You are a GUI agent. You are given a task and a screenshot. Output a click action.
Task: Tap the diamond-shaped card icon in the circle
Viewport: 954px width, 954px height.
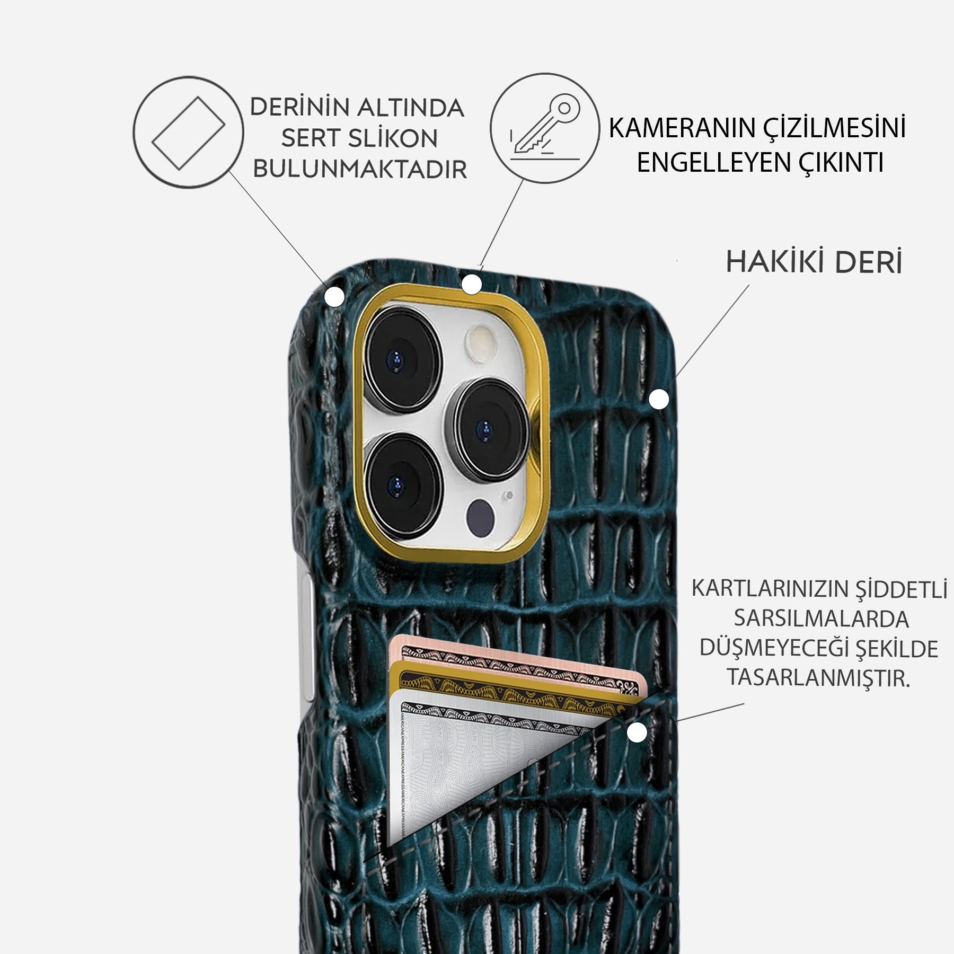click(x=188, y=132)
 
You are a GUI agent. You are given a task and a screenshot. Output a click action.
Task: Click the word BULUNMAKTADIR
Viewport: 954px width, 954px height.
click(x=360, y=169)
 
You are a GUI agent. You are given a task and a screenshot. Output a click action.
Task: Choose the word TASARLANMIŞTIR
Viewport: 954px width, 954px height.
click(x=818, y=678)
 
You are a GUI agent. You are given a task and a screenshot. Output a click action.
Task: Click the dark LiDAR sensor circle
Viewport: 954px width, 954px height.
click(x=481, y=514)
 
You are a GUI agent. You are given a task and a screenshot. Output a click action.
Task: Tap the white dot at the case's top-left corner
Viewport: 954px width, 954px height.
click(x=334, y=297)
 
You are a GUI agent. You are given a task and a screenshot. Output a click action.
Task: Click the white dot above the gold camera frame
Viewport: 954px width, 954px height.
click(x=471, y=285)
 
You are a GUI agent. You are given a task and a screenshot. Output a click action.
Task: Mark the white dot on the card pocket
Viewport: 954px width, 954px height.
click(x=637, y=732)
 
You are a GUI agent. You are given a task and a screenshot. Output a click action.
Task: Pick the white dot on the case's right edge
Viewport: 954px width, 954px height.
click(x=659, y=399)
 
